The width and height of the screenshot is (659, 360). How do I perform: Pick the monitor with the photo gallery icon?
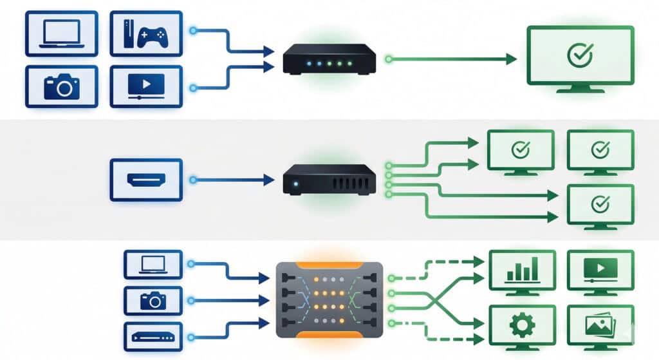click(x=600, y=326)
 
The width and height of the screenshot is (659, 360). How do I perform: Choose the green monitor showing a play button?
click(x=600, y=270)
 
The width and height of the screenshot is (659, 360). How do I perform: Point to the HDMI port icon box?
click(x=146, y=180)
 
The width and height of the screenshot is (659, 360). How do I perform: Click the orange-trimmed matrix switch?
click(x=329, y=299)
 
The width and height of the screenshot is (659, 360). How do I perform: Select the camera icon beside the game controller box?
click(x=61, y=86)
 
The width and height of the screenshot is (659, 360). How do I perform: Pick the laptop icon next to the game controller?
click(x=61, y=33)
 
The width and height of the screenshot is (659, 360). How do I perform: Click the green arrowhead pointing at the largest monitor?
click(x=511, y=59)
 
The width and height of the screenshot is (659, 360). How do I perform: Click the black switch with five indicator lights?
click(x=329, y=59)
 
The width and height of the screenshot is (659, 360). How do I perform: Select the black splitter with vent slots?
click(x=329, y=180)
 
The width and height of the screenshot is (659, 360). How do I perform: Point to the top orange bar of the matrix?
click(x=329, y=264)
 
